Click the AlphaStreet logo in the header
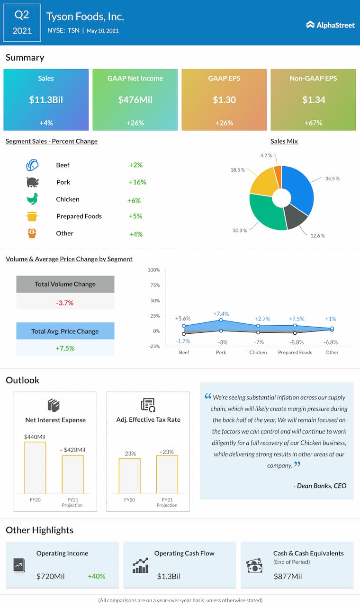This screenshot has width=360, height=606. pyautogui.click(x=330, y=25)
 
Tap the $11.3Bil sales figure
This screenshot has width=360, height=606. pyautogui.click(x=46, y=100)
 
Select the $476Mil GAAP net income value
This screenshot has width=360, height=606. pyautogui.click(x=135, y=100)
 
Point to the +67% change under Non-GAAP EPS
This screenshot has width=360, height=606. pyautogui.click(x=313, y=123)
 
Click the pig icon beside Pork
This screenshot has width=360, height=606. pyautogui.click(x=32, y=182)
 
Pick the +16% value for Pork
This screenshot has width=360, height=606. pyautogui.click(x=137, y=182)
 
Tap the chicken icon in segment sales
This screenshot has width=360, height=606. pyautogui.click(x=32, y=199)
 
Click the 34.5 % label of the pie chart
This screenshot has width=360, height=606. pyautogui.click(x=332, y=179)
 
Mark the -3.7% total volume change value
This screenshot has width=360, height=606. pyautogui.click(x=65, y=303)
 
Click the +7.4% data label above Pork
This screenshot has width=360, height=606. pyautogui.click(x=221, y=314)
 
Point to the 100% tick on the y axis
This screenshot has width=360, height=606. pyautogui.click(x=154, y=270)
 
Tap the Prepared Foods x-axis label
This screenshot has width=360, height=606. pyautogui.click(x=295, y=352)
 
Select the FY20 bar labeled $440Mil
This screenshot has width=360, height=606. pyautogui.click(x=35, y=468)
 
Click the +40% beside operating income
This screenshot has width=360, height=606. pyautogui.click(x=97, y=577)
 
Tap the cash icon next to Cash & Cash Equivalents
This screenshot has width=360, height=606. pyautogui.click(x=254, y=566)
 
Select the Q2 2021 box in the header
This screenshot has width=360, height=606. pyautogui.click(x=22, y=23)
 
